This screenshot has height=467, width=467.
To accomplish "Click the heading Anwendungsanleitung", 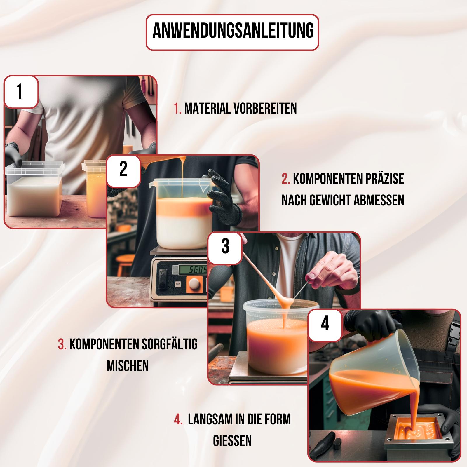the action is [233, 32].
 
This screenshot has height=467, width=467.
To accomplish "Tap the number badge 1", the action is [20, 92].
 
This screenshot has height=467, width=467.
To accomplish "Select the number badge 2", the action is [123, 171].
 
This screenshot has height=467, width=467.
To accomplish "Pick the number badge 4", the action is [325, 325].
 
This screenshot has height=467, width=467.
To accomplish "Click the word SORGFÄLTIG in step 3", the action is [169, 344].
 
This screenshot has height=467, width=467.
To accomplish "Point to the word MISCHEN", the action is [128, 366].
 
